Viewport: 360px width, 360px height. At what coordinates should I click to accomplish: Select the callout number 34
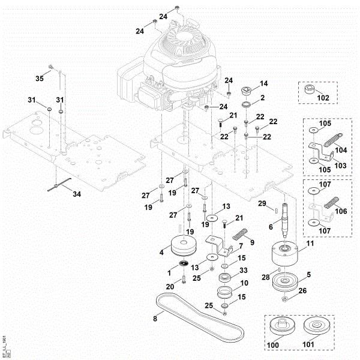coord(76,194)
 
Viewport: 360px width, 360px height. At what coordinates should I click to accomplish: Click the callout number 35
coord(40,79)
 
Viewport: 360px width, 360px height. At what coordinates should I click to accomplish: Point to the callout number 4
coord(162,253)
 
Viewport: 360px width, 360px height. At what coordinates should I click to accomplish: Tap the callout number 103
coord(340,165)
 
